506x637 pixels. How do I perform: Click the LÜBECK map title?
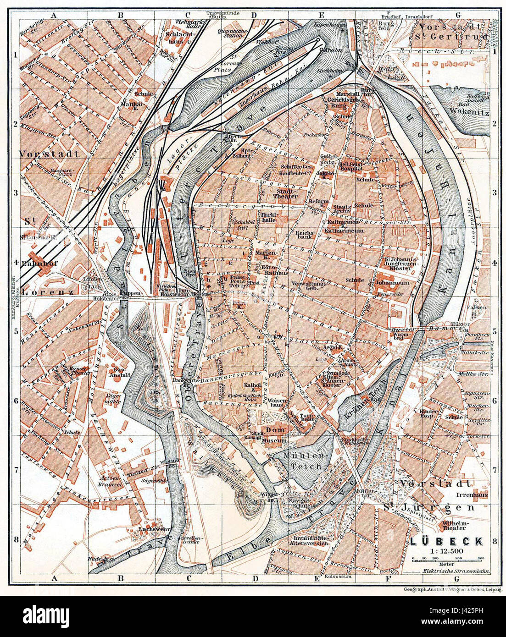click(446, 541)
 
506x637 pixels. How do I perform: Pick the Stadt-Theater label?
click(287, 193)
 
